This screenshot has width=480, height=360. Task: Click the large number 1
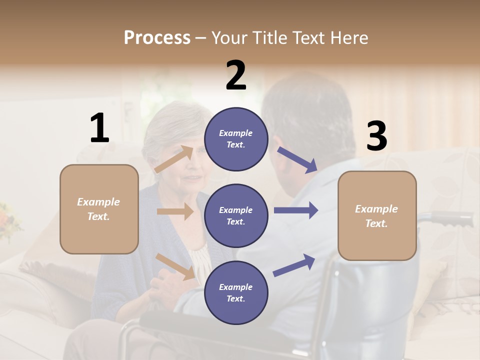coord(99,128)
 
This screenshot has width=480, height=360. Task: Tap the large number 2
coord(236,75)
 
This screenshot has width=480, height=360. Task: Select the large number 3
coord(376,136)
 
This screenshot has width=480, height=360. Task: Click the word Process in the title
coord(157,37)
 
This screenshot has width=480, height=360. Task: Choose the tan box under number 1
coord(99,209)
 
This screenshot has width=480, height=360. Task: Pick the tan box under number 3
coord(377,215)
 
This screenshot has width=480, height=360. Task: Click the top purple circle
coord(236,139)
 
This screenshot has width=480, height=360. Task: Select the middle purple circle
coord(236,216)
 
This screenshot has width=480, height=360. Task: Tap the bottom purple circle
coord(236,293)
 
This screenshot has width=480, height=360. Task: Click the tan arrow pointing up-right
coord(174,159)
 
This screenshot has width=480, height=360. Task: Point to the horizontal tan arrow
coord(175,211)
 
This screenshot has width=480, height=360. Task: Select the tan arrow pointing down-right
coord(175,266)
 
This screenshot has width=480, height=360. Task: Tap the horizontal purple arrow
coord(295,210)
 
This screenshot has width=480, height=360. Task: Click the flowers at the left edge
coord(8,220)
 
